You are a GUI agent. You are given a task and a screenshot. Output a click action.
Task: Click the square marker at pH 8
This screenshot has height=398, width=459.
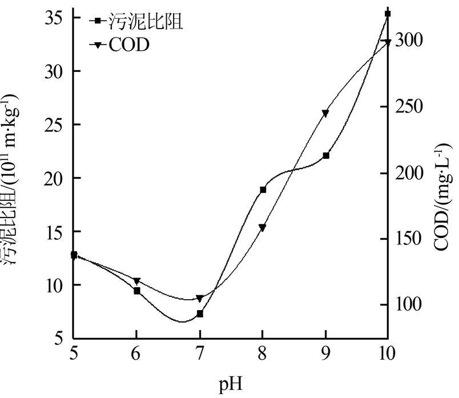(x=263, y=190)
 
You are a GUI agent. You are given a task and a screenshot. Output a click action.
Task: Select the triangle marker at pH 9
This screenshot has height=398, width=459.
(x=325, y=113)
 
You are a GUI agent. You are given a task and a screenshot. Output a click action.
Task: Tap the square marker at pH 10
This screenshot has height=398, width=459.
(x=388, y=13)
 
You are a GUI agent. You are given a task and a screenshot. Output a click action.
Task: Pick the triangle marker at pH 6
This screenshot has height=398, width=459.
(x=137, y=281)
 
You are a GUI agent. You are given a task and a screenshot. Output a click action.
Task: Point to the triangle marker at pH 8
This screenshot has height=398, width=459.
(x=263, y=227)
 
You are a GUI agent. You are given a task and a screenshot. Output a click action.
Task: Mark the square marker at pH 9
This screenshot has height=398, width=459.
(x=326, y=155)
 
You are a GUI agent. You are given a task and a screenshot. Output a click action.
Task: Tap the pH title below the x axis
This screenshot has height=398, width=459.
(x=231, y=385)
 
